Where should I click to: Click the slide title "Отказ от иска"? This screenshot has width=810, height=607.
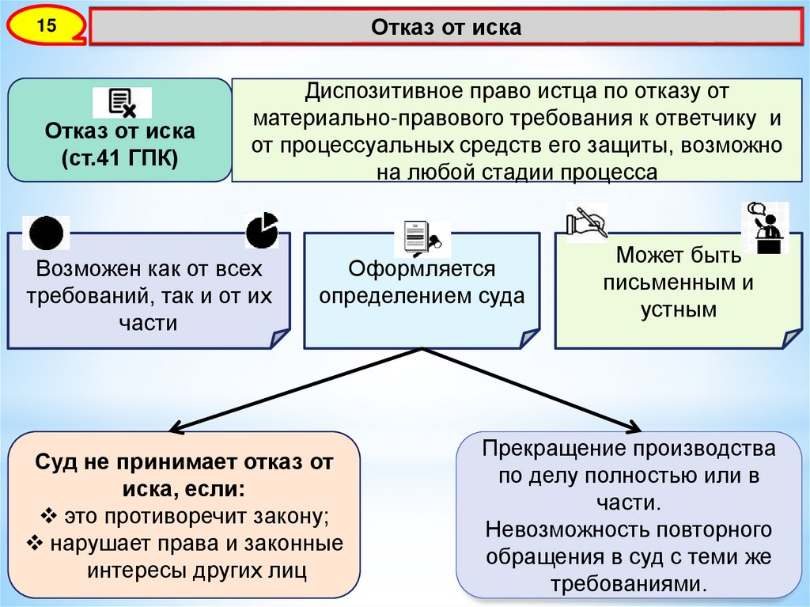(x=446, y=27)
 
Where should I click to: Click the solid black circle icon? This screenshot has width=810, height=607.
(x=46, y=233)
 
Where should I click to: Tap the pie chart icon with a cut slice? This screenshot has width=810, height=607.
(x=262, y=230)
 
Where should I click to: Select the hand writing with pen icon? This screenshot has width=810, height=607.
(x=586, y=221)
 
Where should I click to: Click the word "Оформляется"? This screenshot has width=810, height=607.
(x=422, y=269)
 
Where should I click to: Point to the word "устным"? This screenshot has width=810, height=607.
(x=678, y=309)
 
